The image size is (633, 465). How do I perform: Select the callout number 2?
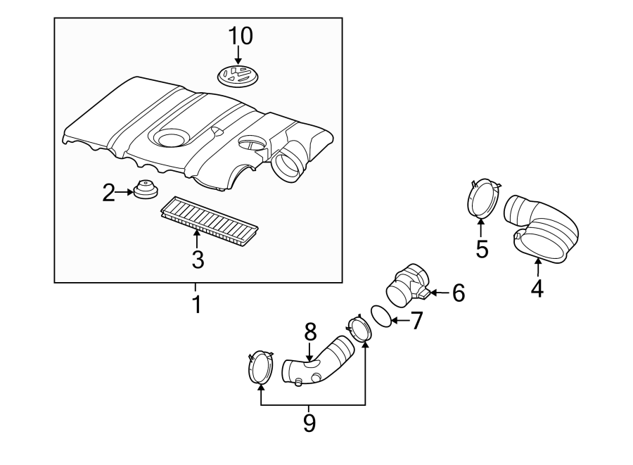pos(108,193)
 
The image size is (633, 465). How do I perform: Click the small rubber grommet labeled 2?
pos(145,191)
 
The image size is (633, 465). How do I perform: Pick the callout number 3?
pos(198,260)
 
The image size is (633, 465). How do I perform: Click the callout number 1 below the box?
pos(197,305)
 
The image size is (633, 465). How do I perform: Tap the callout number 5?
pos(482,248)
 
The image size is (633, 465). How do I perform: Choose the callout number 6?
pos(459,293)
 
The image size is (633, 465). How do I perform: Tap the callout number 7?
pos(416,321)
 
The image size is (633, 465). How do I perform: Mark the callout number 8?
pos(310,331)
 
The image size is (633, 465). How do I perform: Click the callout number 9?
pos(309,422)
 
